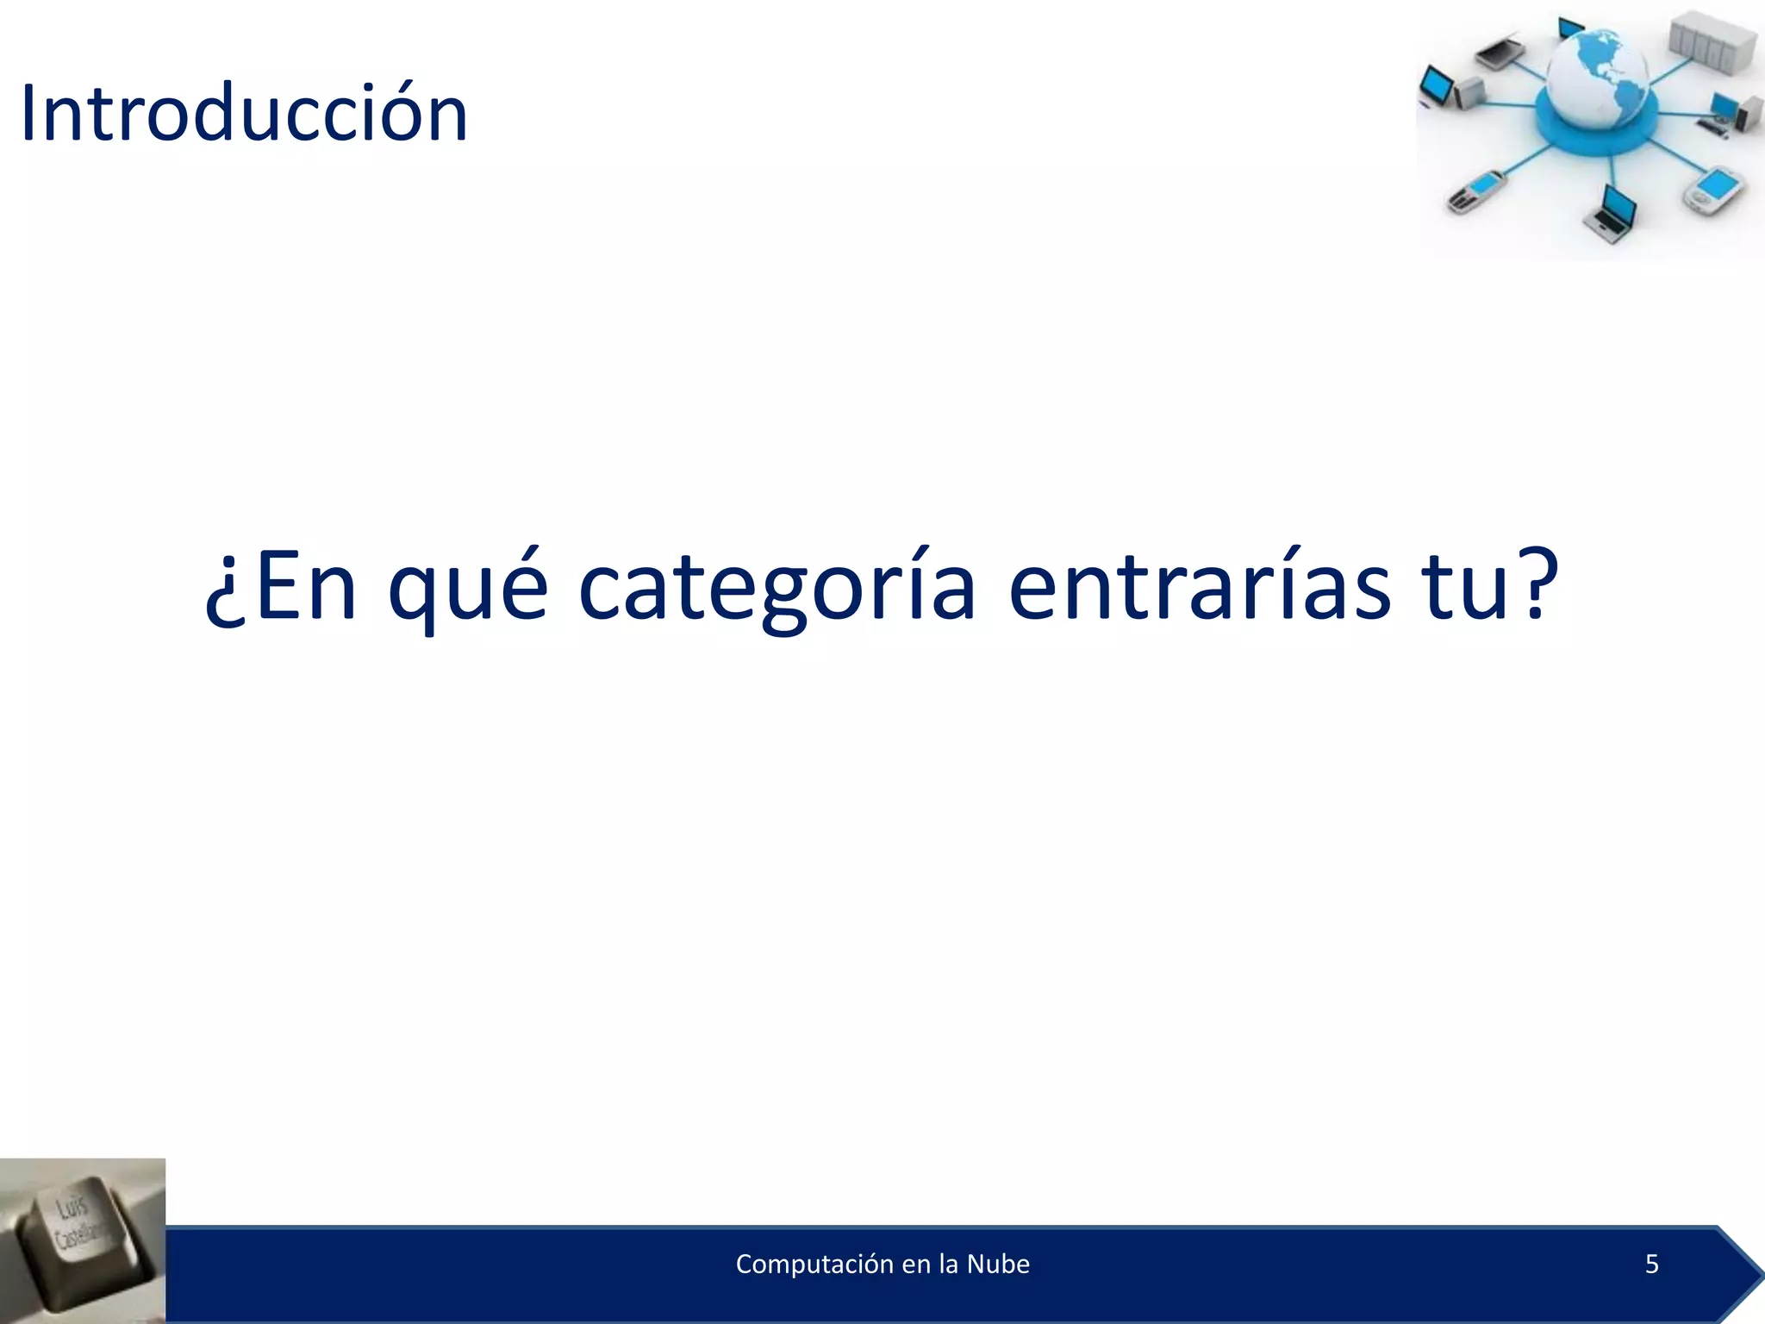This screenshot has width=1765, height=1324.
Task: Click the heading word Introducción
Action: [x=244, y=113]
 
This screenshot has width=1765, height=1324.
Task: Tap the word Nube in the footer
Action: [x=998, y=1265]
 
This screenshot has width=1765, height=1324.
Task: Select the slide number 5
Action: [x=1651, y=1265]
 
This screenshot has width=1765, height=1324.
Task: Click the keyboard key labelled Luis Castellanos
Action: [x=82, y=1233]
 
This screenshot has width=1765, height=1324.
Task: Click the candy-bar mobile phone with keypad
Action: [x=1475, y=191]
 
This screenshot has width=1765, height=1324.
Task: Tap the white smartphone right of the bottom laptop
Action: [x=1714, y=190]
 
